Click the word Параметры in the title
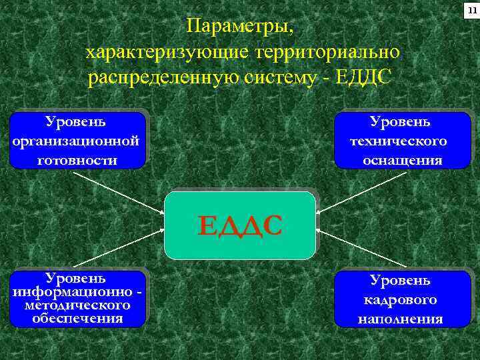coord(239,27)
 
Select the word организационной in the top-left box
coord(75,141)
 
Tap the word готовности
coord(77,160)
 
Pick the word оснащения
coord(402,160)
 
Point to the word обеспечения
coord(77,318)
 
